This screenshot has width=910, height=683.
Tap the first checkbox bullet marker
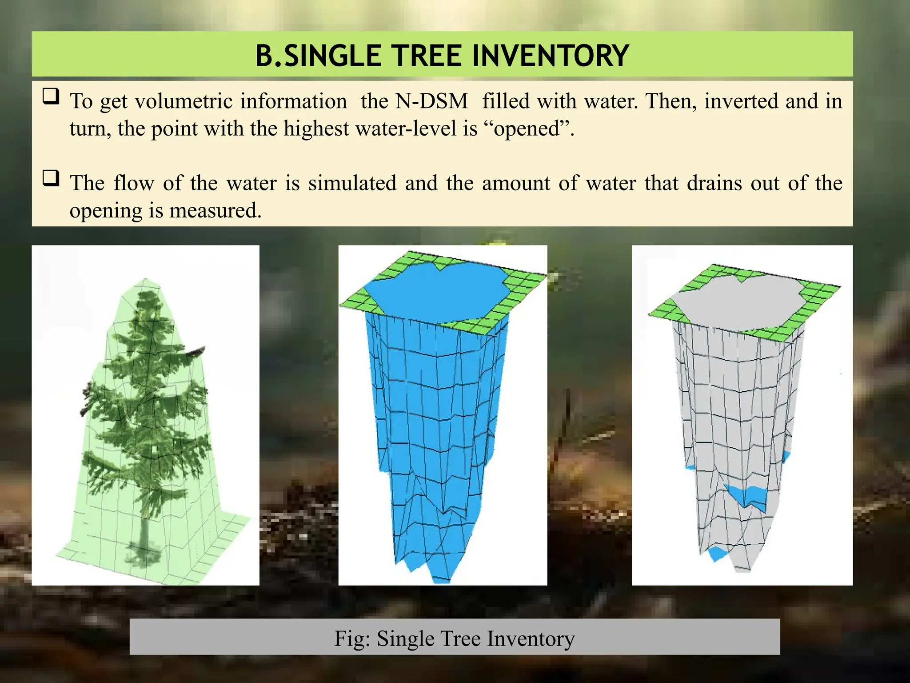click(x=51, y=96)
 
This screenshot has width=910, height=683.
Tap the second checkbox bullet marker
click(x=51, y=178)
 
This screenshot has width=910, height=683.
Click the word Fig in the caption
click(x=351, y=639)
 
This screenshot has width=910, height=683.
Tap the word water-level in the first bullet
click(x=419, y=129)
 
